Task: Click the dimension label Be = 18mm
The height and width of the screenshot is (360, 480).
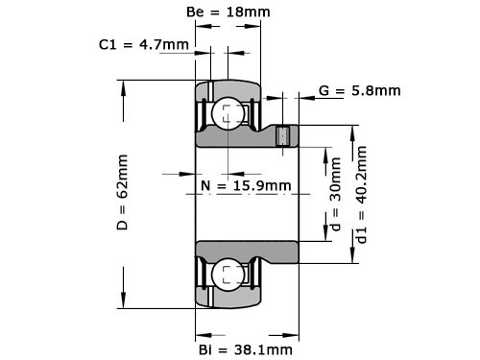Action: click(x=227, y=12)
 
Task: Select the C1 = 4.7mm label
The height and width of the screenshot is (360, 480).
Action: click(x=143, y=44)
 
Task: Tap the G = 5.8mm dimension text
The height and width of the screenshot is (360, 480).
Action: click(x=359, y=91)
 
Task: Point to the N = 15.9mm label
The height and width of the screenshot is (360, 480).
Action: click(x=247, y=184)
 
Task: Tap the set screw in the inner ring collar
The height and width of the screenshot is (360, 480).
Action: click(x=283, y=136)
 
